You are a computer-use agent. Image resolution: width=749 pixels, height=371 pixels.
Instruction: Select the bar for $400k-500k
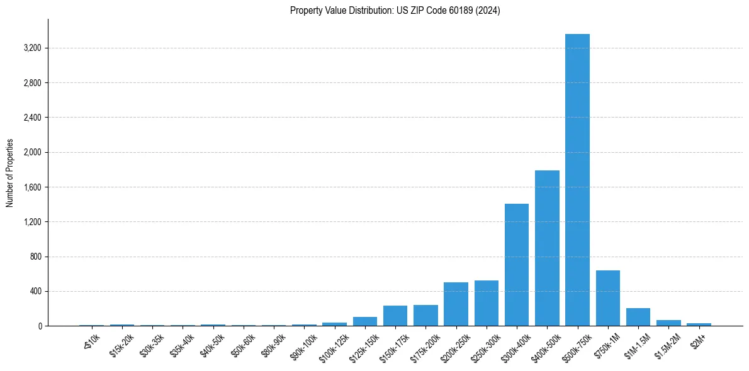tap(547, 248)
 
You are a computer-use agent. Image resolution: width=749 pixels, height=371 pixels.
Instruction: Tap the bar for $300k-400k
tap(517, 265)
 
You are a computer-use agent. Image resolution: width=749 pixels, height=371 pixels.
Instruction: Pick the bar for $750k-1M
tap(607, 298)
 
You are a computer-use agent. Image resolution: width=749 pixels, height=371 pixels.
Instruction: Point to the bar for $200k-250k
tap(456, 304)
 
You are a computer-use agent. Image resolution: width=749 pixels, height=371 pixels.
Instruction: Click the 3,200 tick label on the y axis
tap(31, 48)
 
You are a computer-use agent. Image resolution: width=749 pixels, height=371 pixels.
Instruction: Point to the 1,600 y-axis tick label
tap(31, 187)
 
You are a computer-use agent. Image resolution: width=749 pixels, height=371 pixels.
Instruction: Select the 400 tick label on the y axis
tap(35, 292)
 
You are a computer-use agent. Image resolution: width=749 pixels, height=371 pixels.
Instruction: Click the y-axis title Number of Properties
tap(9, 173)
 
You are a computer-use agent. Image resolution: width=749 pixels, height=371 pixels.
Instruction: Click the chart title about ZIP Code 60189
tap(395, 11)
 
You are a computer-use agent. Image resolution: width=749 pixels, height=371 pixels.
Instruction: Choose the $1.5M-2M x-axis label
tap(667, 345)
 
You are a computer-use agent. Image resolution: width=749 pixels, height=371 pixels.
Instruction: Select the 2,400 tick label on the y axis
tap(31, 118)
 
